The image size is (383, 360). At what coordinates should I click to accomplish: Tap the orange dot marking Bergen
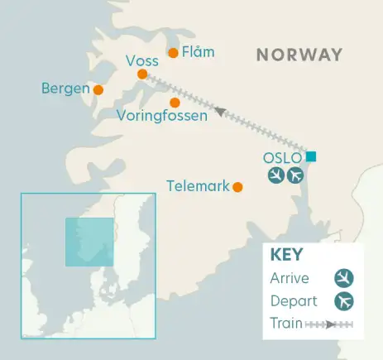click(98, 90)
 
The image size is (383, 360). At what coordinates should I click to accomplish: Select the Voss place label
click(142, 60)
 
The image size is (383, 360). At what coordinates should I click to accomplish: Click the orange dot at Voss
click(142, 74)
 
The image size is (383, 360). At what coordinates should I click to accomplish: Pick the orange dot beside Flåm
click(173, 54)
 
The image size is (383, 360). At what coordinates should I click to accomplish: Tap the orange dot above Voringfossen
click(175, 103)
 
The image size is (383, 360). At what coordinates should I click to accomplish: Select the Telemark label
click(198, 186)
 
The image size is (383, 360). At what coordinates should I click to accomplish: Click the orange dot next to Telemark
click(237, 187)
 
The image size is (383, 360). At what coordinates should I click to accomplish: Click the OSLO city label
click(282, 157)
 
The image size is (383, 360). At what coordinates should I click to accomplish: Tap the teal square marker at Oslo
click(310, 156)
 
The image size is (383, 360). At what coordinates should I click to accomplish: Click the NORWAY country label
click(299, 55)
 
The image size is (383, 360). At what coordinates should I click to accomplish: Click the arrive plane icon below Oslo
click(277, 175)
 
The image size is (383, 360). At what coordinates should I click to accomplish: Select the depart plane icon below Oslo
click(294, 175)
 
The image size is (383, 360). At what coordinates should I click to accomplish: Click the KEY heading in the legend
click(286, 255)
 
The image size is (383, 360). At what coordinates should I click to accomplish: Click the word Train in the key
click(286, 323)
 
